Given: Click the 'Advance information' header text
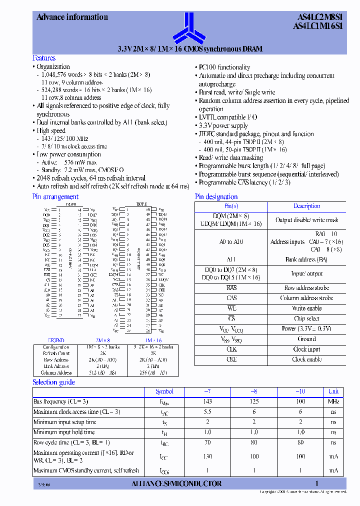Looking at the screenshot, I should [72, 17].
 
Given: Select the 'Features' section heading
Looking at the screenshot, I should [44, 58].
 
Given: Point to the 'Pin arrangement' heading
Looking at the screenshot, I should [55, 196].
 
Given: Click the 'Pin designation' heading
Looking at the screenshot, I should [216, 196].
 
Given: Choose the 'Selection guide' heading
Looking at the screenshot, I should [53, 382].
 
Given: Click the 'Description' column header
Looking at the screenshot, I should [306, 206].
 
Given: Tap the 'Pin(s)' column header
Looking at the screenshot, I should [231, 206].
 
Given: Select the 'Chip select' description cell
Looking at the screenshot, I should [306, 318].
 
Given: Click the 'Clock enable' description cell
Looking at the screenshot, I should [306, 359].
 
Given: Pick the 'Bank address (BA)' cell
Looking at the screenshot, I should [306, 259].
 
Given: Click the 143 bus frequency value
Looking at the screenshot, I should [207, 401].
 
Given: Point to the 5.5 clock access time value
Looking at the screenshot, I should [207, 411].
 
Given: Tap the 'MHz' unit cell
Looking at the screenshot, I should [333, 401].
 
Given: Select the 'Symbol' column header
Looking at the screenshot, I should [164, 391].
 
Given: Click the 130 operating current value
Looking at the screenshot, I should [207, 456].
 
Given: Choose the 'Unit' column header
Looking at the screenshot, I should [333, 391].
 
